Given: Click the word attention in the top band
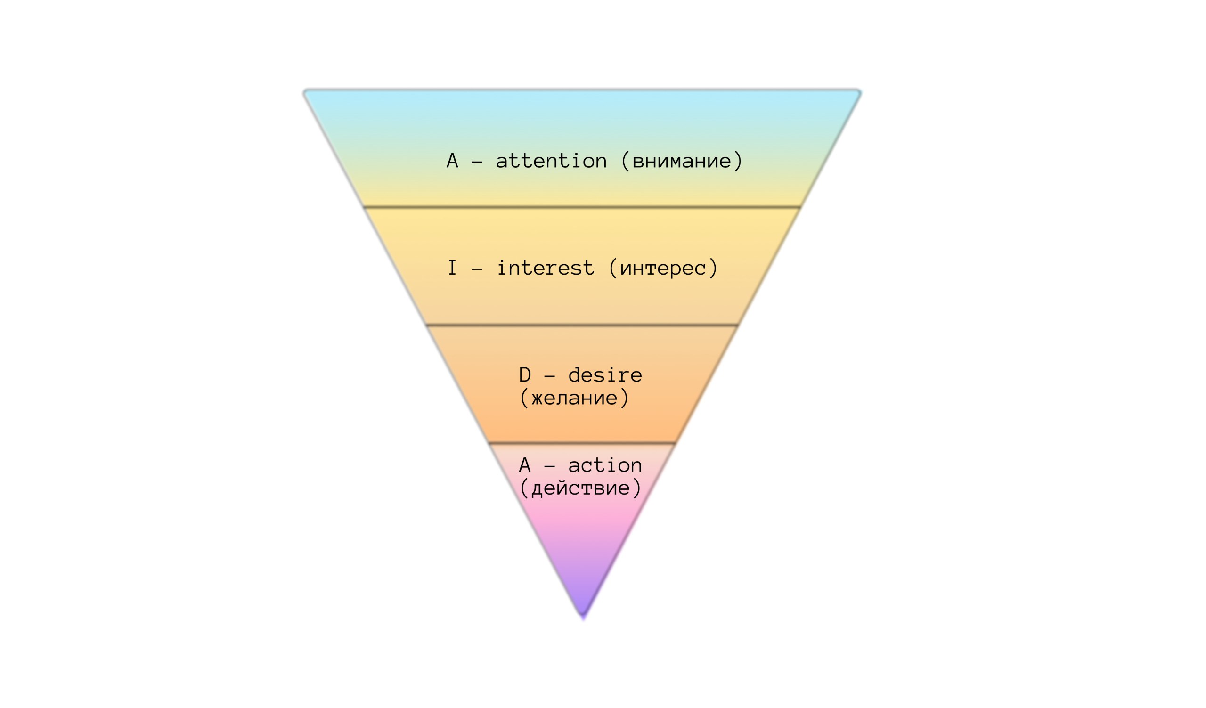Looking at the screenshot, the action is pos(551,161).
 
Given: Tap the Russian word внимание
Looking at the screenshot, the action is pos(682,162).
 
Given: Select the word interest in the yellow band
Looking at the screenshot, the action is pos(546,268).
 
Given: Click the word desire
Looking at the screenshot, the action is pos(605,375).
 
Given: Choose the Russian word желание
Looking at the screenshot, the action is pos(575,398).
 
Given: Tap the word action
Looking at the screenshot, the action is pos(605,465).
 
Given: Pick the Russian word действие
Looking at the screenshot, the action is pos(580,488).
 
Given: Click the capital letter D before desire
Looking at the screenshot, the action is pos(525,375).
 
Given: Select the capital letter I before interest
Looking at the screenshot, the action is pos(452,268).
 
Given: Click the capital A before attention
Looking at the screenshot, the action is pos(452,161).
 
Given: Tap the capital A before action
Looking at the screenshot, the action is pos(525,465).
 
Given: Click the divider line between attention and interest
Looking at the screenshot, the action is pos(582,207).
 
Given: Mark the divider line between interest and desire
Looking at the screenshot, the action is pos(582,326).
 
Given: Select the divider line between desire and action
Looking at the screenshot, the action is pos(582,443).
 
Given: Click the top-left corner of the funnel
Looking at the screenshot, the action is pos(304,90).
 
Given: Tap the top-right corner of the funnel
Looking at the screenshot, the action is pos(860,90).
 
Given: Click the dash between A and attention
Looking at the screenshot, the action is pos(477,163).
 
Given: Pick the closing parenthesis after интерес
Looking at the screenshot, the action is pos(713,268).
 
